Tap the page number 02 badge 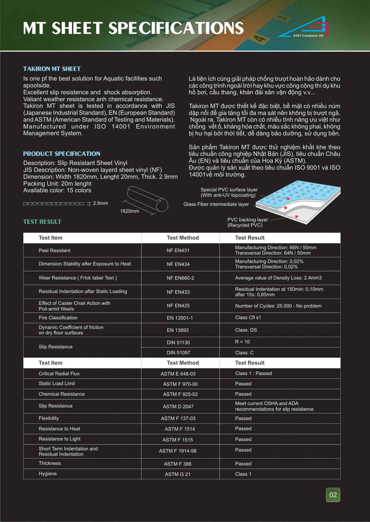333,495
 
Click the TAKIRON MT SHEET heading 52,69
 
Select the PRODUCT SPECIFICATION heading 62,154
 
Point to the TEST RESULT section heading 42,222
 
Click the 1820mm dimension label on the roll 129,211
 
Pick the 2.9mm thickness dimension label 101,203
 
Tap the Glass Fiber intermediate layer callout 216,204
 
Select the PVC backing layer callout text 247,222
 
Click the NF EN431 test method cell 178,251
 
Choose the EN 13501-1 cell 180,318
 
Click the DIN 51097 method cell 178,353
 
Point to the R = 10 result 242,342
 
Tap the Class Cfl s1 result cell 248,318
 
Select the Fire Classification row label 58,318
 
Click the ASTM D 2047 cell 178,407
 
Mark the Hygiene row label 48,474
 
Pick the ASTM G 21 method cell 178,474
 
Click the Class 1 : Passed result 253,373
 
